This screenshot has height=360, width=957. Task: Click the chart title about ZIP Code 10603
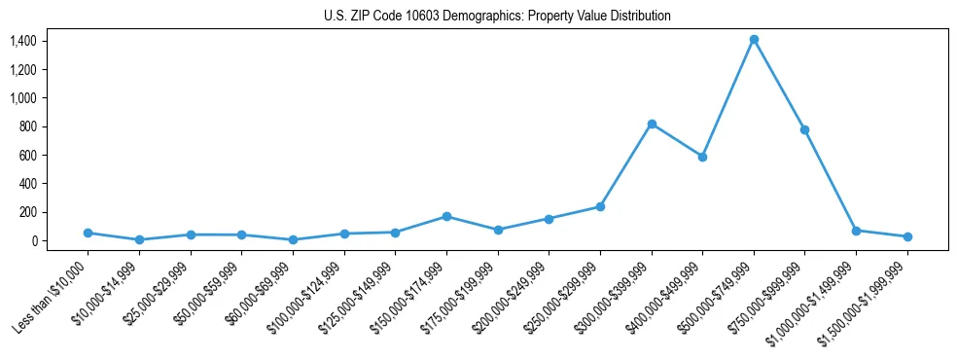tap(497, 17)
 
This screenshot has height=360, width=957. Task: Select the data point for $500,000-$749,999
tap(754, 40)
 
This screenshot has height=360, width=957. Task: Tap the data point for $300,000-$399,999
tap(652, 124)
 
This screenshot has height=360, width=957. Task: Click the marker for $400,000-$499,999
tap(702, 157)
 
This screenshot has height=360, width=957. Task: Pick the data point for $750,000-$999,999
tap(805, 129)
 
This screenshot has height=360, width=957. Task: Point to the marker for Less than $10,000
tap(88, 233)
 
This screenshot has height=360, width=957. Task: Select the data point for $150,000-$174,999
tap(446, 216)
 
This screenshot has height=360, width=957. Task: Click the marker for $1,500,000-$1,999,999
tap(907, 236)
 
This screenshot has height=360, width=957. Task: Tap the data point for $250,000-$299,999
tap(600, 206)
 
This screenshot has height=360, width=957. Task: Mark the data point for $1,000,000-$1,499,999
tap(856, 231)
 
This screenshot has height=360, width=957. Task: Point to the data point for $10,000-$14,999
tap(139, 239)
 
